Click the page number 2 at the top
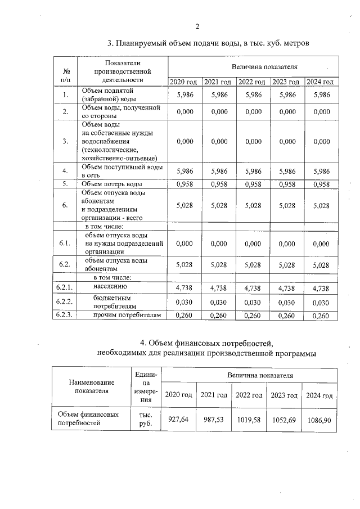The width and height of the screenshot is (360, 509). tap(197, 26)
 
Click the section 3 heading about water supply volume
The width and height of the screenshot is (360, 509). tap(209, 43)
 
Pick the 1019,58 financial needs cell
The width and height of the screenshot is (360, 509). tap(249, 420)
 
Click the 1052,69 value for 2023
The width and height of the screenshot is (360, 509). tap(284, 420)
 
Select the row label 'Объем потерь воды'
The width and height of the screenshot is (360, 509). tap(112, 183)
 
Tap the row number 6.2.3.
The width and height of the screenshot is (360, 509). tap(66, 316)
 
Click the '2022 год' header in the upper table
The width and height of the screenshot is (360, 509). tap(253, 82)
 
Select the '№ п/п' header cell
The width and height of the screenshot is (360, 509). tap(66, 71)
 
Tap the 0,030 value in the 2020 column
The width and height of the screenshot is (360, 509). tap(185, 302)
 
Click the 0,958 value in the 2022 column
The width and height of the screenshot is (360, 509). tap(253, 183)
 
